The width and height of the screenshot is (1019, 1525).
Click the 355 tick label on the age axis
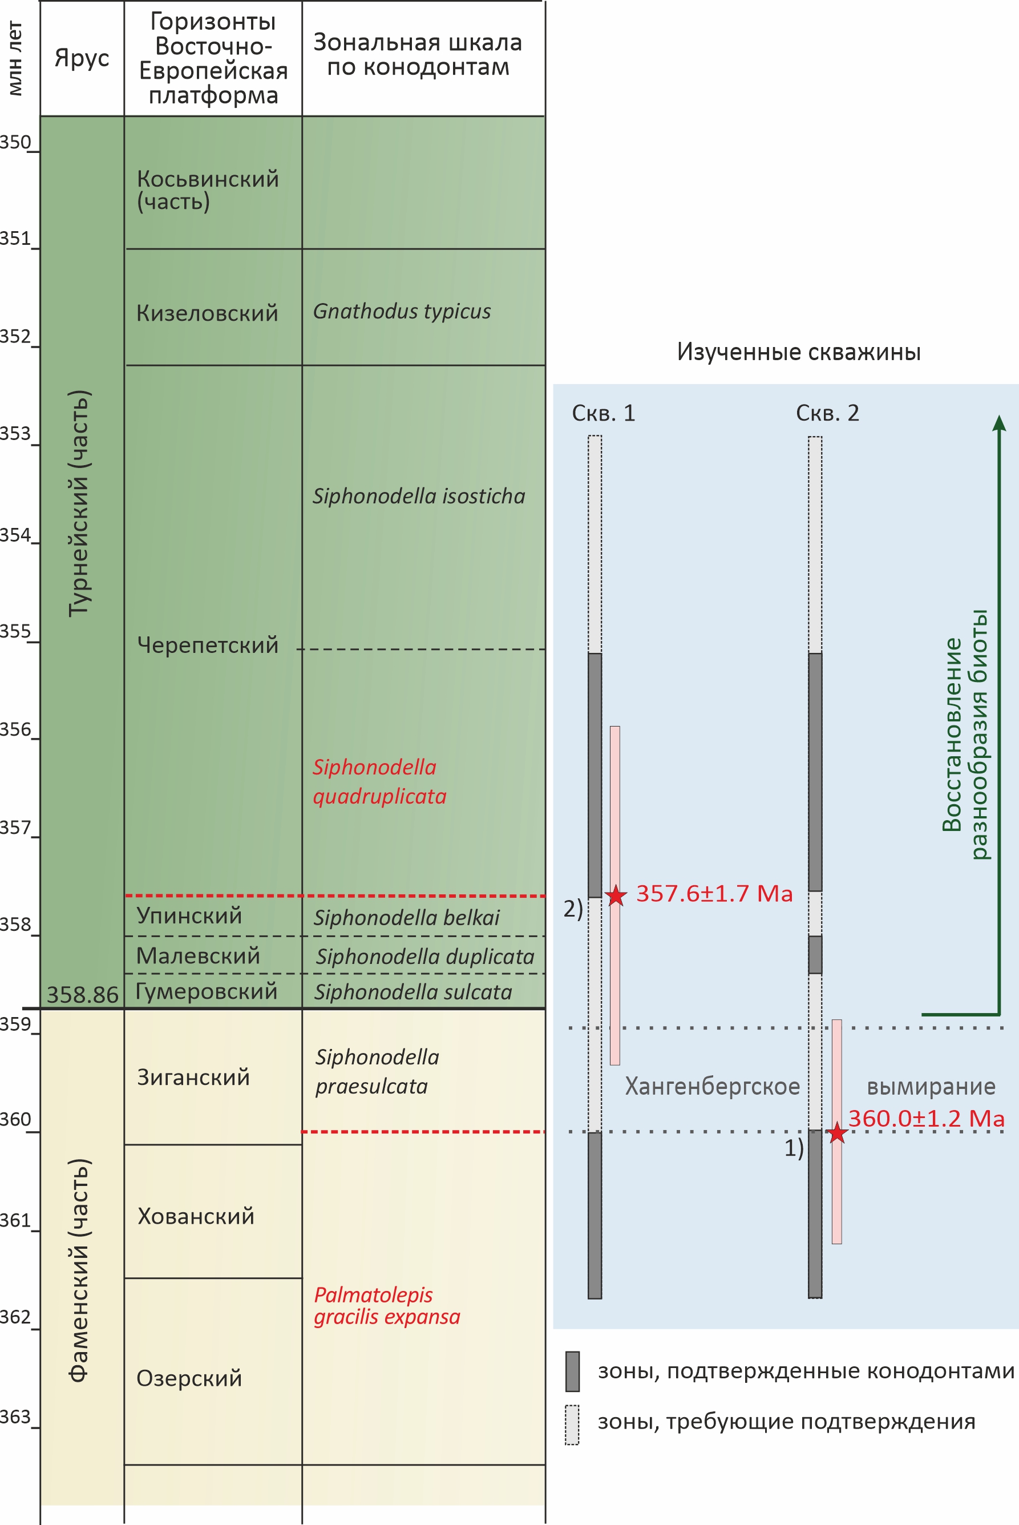[x=15, y=631]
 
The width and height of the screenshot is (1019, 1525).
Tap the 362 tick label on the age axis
[x=15, y=1316]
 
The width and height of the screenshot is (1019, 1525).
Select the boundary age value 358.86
[x=83, y=995]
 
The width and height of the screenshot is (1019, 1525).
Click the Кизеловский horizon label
[x=207, y=313]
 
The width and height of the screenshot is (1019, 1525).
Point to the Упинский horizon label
[x=189, y=915]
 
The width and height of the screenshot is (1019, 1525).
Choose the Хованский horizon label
[x=196, y=1216]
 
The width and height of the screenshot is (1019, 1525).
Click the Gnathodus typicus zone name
[x=402, y=312]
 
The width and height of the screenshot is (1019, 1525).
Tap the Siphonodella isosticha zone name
[x=419, y=496]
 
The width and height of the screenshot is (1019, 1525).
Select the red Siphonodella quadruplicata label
[x=379, y=781]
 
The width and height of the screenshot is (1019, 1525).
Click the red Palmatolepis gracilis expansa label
[x=387, y=1305]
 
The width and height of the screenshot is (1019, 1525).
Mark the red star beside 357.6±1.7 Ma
[x=616, y=895]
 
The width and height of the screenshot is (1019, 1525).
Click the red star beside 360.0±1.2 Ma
[x=837, y=1132]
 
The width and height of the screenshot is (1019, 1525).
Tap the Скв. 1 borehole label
[x=603, y=413]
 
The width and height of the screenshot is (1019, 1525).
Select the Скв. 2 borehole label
[x=827, y=413]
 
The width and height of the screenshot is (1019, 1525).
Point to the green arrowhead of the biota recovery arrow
[x=1000, y=422]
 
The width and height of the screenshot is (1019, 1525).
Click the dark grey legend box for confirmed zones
[x=572, y=1371]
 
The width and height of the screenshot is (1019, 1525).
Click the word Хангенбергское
[x=712, y=1087]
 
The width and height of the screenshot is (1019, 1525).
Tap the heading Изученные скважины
[x=799, y=352]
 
